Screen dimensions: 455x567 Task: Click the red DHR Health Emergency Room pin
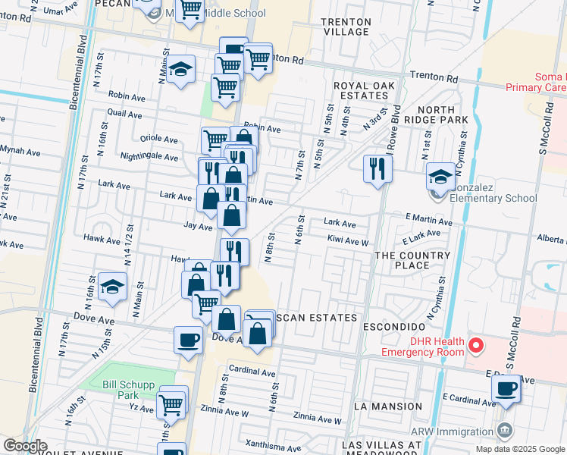tap(476, 346)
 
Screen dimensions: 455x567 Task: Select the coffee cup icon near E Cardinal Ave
tap(506, 390)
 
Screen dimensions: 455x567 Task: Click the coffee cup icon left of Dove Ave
tap(188, 340)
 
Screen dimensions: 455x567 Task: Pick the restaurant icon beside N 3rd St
tap(377, 169)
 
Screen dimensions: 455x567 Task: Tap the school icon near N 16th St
tap(112, 287)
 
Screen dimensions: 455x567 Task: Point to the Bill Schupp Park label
tap(120, 390)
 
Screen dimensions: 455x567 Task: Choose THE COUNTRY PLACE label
tap(412, 260)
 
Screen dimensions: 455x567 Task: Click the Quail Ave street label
tap(125, 114)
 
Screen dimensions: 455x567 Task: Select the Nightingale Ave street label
tap(149, 157)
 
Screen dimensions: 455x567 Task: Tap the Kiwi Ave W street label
tap(347, 242)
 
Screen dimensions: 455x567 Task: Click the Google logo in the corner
tap(25, 446)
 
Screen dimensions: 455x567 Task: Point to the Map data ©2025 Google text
tap(520, 449)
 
